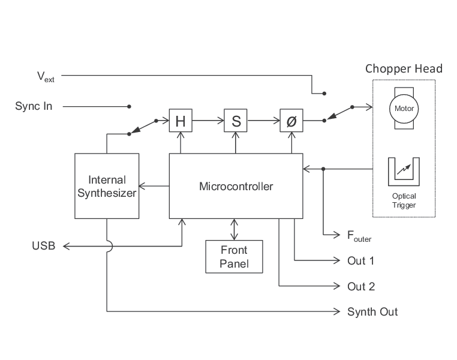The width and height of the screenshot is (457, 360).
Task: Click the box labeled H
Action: pyautogui.click(x=179, y=121)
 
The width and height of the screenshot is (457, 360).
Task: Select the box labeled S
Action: pyautogui.click(x=236, y=121)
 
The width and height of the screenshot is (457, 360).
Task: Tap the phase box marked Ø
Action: pyautogui.click(x=291, y=121)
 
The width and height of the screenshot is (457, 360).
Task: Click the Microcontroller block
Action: pyautogui.click(x=236, y=186)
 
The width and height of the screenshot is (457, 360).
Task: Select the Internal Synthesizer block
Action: pyautogui.click(x=107, y=186)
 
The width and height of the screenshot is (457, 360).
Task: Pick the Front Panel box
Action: pyautogui.click(x=234, y=256)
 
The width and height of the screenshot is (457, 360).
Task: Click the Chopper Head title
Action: pyautogui.click(x=404, y=68)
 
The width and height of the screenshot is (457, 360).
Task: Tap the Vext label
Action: pyautogui.click(x=46, y=76)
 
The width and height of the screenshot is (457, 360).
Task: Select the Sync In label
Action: pyautogui.click(x=34, y=106)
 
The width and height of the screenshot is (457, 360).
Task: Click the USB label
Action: pyautogui.click(x=43, y=246)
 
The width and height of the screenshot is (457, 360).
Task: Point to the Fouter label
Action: pyautogui.click(x=359, y=236)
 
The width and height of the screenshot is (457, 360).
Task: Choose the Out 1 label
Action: pyautogui.click(x=361, y=261)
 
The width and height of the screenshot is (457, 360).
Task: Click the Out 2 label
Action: pyautogui.click(x=361, y=286)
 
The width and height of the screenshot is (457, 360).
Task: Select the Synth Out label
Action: pyautogui.click(x=372, y=311)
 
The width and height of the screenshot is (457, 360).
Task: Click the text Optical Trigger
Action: pyautogui.click(x=404, y=200)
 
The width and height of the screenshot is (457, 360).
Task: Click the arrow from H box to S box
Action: pyautogui.click(x=207, y=121)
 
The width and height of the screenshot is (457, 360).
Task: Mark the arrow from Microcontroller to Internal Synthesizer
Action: pyautogui.click(x=154, y=187)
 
